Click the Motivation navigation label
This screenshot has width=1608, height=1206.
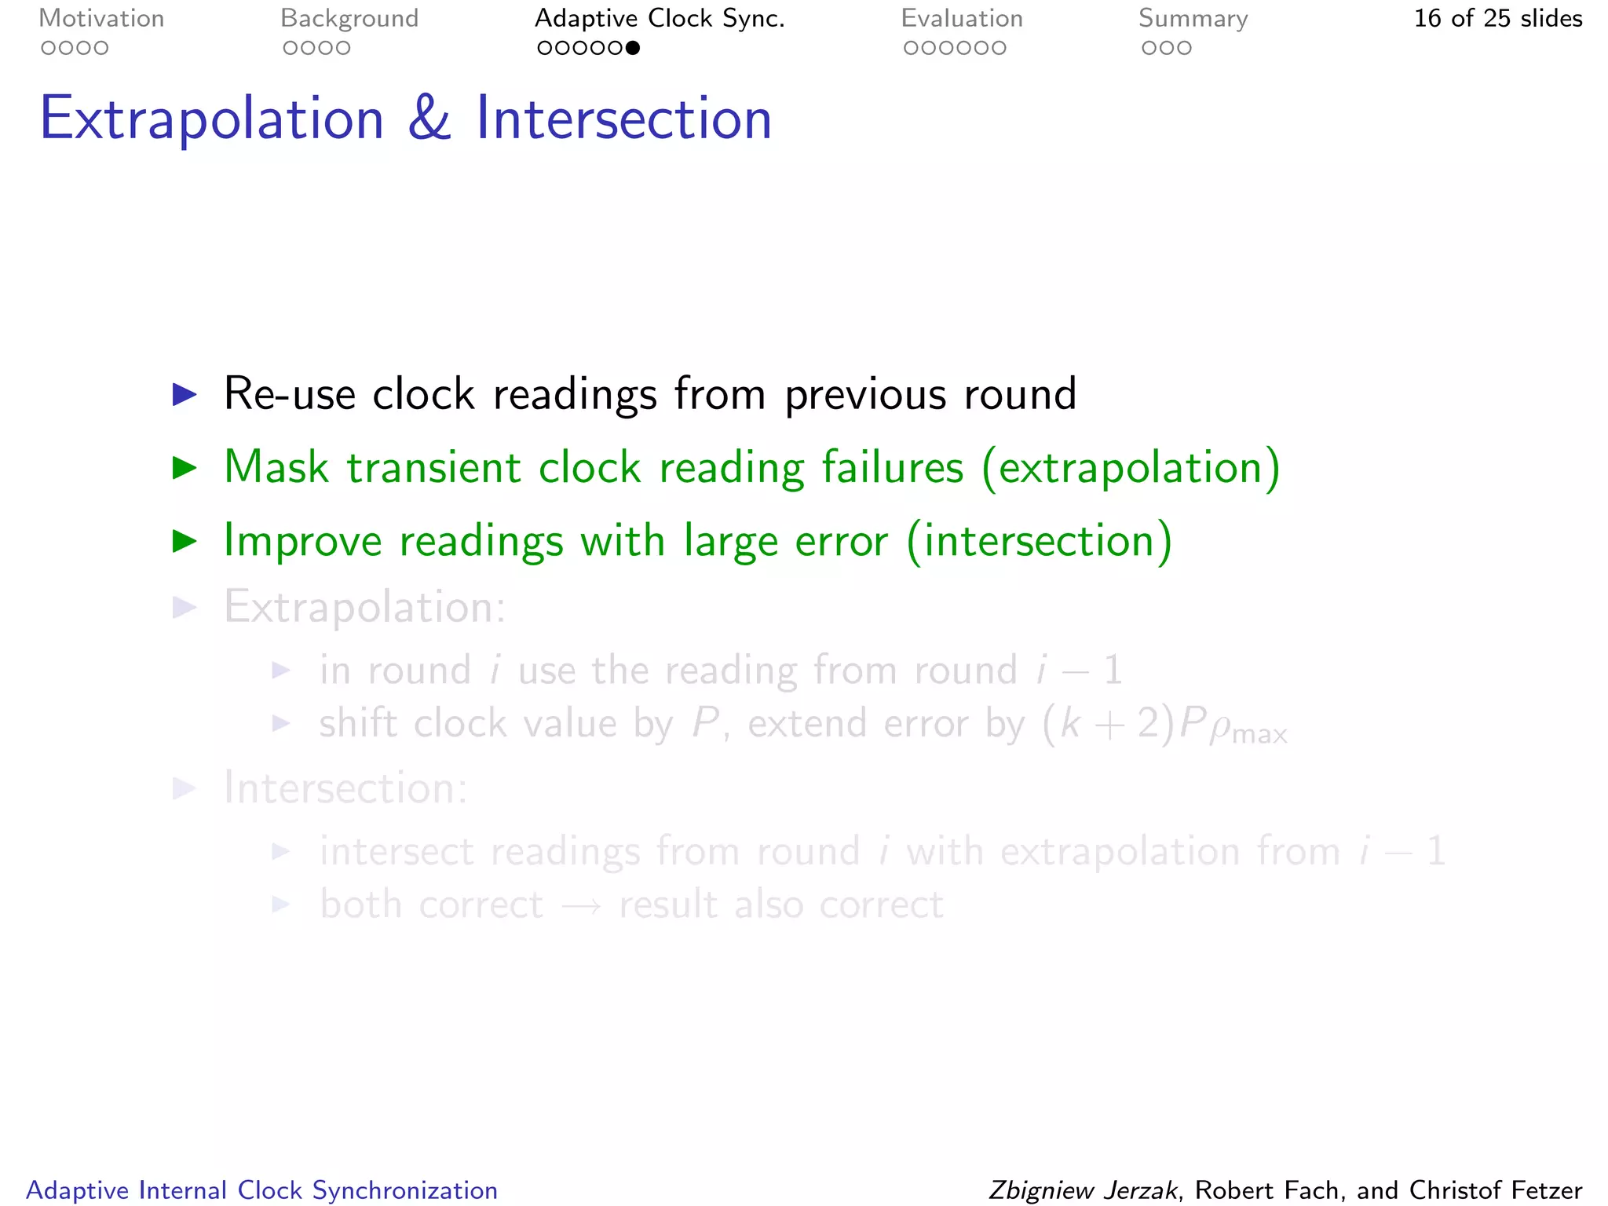click(x=101, y=19)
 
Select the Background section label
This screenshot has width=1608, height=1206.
click(x=349, y=19)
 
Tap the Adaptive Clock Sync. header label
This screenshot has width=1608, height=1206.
click(x=660, y=19)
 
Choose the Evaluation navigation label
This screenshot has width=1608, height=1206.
click(x=962, y=19)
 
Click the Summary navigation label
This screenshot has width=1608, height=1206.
click(x=1193, y=19)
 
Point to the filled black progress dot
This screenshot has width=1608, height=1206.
click(x=633, y=49)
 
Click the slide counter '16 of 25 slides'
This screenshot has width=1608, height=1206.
click(x=1497, y=19)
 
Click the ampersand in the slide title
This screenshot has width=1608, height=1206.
click(x=429, y=119)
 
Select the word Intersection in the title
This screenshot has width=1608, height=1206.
click(x=624, y=119)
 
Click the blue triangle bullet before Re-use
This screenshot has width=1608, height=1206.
click(x=185, y=395)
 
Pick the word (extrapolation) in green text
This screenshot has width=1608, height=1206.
click(x=1131, y=468)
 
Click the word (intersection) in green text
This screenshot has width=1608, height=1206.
click(x=1039, y=542)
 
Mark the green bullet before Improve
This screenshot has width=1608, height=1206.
click(x=185, y=541)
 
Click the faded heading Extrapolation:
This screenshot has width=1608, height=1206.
click(x=365, y=607)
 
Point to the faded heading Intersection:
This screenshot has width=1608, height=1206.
click(x=345, y=788)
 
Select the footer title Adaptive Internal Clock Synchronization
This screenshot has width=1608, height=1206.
click(x=261, y=1190)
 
